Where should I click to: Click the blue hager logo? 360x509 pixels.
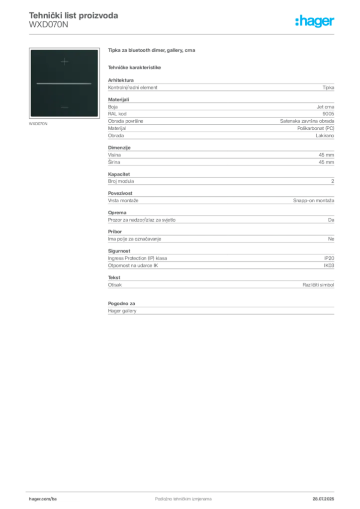pos(315,22)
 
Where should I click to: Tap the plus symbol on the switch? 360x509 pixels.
pos(64,62)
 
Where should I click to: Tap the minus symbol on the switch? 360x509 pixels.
pos(64,107)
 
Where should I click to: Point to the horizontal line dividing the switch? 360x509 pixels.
pos(64,84)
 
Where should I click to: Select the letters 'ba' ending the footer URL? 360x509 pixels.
pos(55,499)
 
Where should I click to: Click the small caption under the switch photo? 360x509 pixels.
pos(40,123)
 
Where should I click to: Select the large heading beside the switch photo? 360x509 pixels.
pos(153,51)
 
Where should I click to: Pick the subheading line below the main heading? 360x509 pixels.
pos(135,67)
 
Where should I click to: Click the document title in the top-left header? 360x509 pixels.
pos(74,15)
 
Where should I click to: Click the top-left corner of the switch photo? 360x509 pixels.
pos(31,50)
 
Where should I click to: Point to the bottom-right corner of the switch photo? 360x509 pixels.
pos(98,117)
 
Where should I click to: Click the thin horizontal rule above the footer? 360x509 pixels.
pos(183,490)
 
